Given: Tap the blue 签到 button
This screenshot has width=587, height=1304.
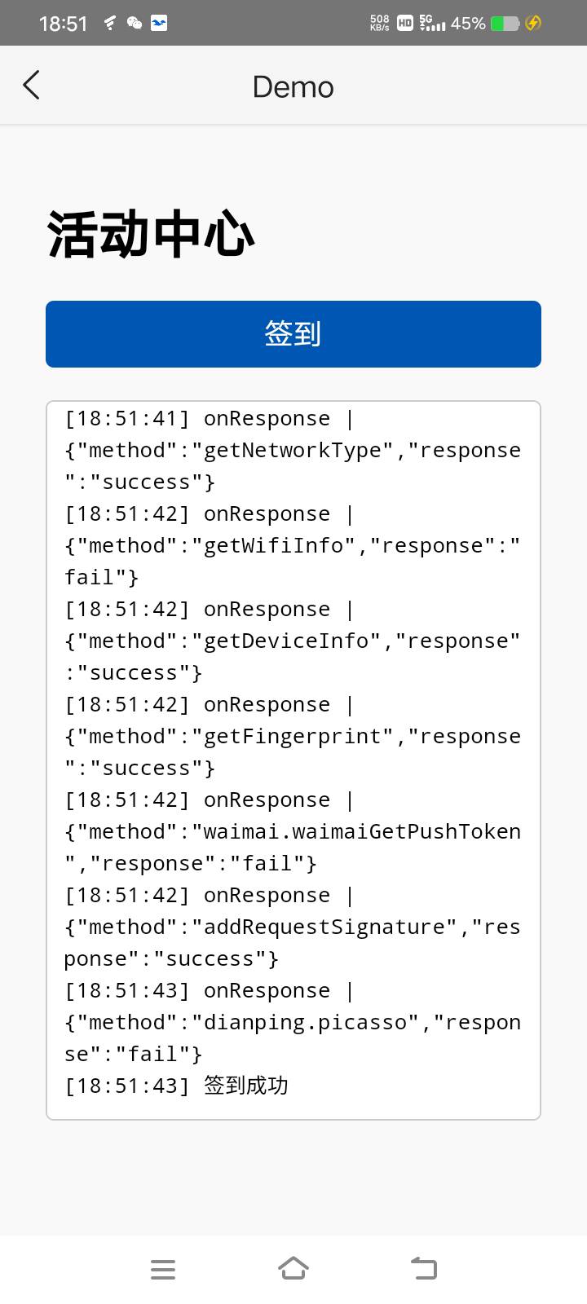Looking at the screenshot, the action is point(293,334).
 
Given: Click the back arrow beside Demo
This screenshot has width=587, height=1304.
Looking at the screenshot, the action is point(32,86).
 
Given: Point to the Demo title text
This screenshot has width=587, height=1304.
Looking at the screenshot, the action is point(293,87).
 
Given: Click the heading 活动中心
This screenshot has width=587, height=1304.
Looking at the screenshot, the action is point(151,234).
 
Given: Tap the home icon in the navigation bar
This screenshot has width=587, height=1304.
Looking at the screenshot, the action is point(293,1268).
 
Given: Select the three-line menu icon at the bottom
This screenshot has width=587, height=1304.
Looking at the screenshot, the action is point(163,1269).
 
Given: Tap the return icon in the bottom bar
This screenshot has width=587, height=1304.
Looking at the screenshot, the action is point(424,1268).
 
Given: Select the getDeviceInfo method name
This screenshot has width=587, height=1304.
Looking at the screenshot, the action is point(286,641).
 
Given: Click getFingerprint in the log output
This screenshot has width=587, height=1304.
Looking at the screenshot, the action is point(293,737).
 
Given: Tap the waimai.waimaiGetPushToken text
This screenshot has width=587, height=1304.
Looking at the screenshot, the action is point(362,832).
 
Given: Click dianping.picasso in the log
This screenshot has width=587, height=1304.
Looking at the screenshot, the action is point(305,1023).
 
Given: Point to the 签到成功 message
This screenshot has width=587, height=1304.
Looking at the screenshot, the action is point(245,1086).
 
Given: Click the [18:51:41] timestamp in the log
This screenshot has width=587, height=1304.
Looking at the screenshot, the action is point(127,419).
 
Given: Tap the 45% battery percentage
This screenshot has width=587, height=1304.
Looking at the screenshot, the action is point(468,24).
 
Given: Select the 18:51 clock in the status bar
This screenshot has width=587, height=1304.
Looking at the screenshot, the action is point(63,24).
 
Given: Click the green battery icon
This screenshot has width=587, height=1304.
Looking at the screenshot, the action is point(505,24).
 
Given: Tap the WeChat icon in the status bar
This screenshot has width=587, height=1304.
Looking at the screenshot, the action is point(135,23).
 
